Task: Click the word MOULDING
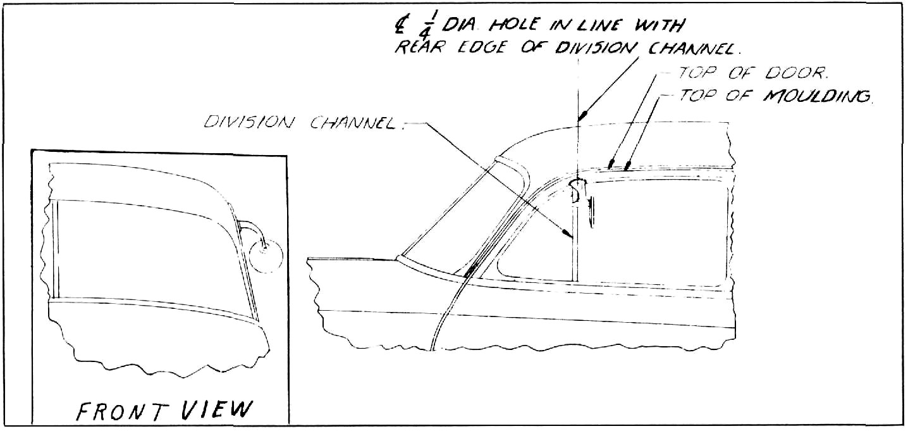point(817,96)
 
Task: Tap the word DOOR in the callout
point(796,73)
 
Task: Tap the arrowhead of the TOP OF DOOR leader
point(611,165)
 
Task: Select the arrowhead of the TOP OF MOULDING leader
point(627,165)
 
